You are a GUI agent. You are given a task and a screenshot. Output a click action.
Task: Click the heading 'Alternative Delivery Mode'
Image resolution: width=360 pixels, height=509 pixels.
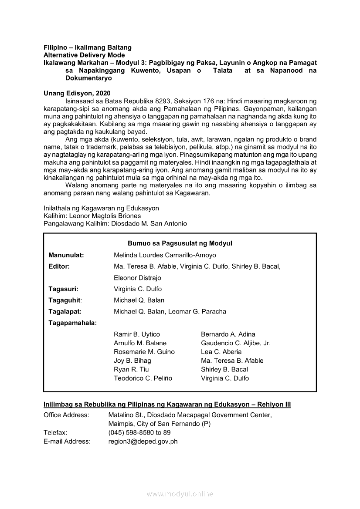tap(84, 55)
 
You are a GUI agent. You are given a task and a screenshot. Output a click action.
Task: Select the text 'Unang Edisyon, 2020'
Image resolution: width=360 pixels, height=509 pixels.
tap(77, 93)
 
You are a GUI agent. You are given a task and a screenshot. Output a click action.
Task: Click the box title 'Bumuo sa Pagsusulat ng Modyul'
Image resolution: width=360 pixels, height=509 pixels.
tap(180, 243)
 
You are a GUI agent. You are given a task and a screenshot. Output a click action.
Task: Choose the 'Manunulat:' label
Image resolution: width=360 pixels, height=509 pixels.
tap(66, 255)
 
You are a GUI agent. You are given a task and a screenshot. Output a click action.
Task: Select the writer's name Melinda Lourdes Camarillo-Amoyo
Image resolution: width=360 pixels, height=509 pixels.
tap(165, 255)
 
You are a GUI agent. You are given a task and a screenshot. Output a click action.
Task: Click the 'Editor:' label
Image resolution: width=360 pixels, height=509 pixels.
tap(59, 266)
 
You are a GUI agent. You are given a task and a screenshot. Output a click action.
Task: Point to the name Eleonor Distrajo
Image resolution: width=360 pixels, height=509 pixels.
tap(137, 278)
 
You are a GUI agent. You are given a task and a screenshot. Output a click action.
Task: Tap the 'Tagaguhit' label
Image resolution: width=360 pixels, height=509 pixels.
tap(65, 300)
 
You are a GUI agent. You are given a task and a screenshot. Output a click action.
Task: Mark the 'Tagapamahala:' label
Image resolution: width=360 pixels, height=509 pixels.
tap(73, 323)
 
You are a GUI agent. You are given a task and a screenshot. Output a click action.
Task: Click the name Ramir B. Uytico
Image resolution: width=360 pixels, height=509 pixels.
tap(137, 334)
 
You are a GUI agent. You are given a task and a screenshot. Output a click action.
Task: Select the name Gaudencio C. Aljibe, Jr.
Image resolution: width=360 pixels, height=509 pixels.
tap(236, 343)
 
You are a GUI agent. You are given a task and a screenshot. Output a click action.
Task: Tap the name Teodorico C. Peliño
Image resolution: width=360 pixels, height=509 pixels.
tap(143, 378)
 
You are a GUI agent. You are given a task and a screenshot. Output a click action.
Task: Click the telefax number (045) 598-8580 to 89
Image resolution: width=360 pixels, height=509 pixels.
tap(139, 433)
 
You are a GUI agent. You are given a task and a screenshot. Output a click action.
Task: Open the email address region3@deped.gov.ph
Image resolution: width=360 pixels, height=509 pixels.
tap(143, 442)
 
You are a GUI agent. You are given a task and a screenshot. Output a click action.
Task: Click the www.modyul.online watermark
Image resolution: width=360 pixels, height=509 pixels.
tap(180, 494)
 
